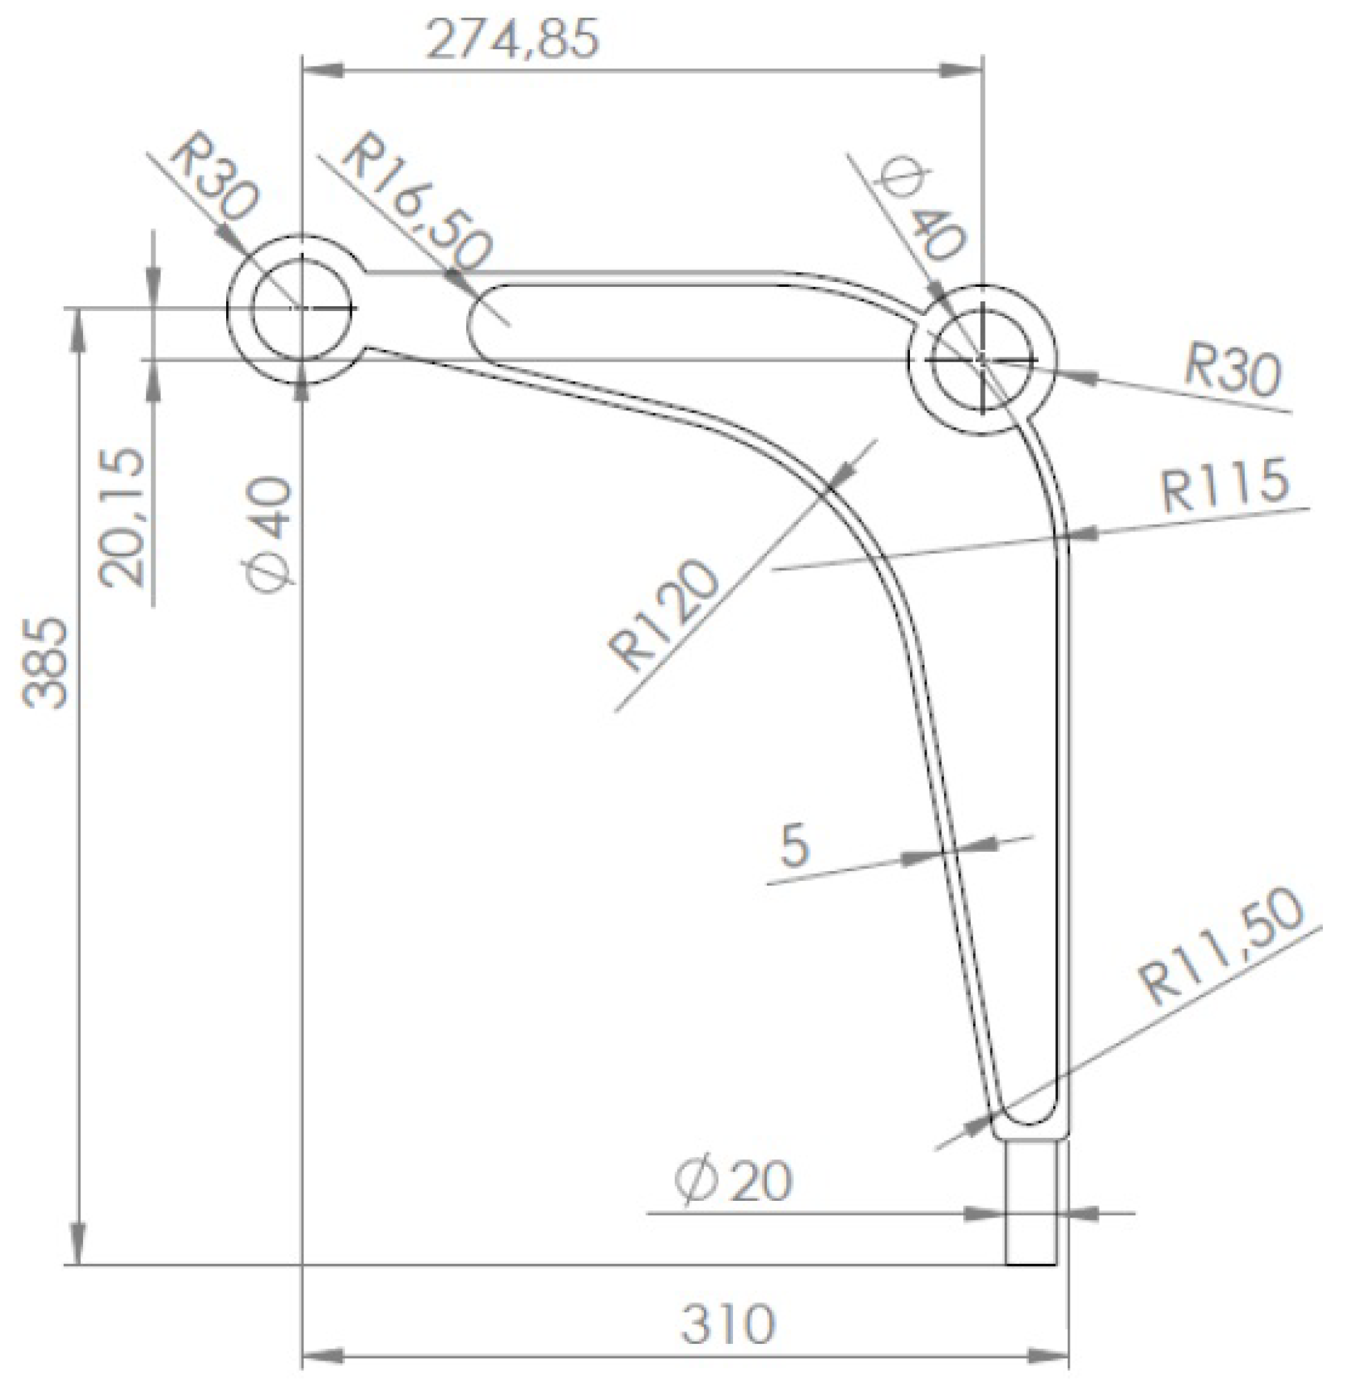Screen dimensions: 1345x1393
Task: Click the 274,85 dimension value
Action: [512, 39]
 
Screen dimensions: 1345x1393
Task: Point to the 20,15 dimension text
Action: [122, 517]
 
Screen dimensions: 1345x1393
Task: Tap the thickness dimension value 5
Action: [795, 846]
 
